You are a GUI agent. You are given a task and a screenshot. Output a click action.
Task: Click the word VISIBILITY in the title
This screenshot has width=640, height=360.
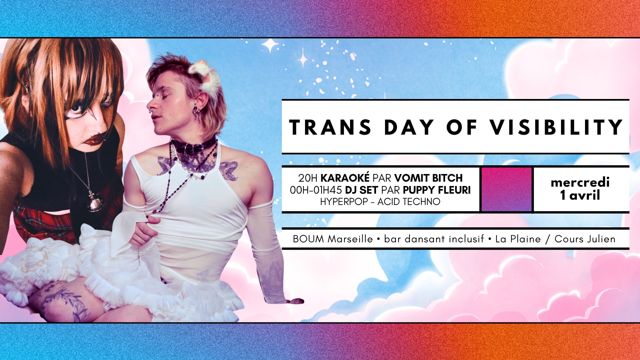pos(556,127)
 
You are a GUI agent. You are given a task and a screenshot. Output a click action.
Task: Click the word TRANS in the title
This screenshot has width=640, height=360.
pos(330,127)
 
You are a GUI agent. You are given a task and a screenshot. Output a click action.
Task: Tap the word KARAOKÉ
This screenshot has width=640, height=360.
pos(345,178)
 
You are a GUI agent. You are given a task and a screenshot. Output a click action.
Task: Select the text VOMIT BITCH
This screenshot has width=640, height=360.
pos(428,178)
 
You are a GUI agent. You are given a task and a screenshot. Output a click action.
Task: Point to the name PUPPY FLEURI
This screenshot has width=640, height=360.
pos(437,190)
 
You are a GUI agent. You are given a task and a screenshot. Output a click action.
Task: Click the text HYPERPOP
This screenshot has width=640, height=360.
pos(344,202)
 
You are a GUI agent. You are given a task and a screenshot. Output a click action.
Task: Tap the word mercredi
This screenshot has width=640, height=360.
pos(580,182)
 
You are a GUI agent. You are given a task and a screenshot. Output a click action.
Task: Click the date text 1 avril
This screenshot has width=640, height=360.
pos(580,195)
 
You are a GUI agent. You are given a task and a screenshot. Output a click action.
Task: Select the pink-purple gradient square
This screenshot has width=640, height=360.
pos(506,189)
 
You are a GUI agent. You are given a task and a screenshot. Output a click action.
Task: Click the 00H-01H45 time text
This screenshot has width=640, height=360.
pos(316,190)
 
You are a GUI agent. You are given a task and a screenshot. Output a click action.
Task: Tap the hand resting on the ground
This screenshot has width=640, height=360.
pos(295,301)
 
